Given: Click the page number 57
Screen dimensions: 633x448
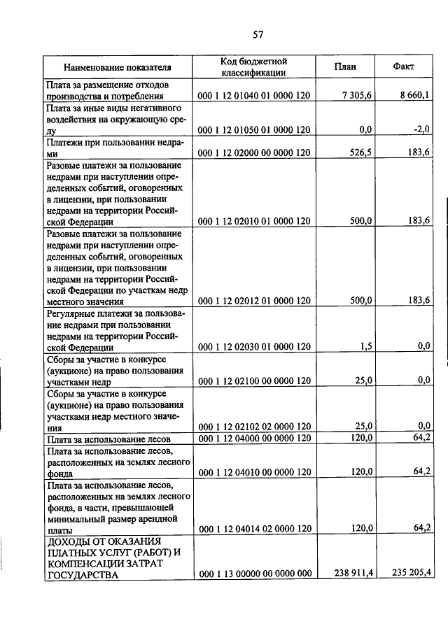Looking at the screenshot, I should (257, 34).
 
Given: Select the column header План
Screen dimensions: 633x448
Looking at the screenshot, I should (345, 67).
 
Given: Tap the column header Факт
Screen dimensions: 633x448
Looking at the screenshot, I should (404, 67).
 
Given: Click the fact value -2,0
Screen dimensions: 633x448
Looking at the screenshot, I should (421, 129).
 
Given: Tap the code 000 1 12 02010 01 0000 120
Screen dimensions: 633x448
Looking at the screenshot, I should (254, 221).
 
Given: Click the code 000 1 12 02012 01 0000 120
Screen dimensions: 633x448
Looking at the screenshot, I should (254, 301).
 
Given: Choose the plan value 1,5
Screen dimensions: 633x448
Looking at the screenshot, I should (365, 346).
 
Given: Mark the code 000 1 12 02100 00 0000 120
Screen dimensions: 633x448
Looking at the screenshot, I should (254, 380).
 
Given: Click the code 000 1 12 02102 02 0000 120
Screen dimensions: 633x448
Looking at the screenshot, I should (254, 426).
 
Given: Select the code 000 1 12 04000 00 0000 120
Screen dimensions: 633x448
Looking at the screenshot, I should (254, 438).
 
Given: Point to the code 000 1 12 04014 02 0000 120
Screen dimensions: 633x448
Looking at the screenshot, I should (254, 529).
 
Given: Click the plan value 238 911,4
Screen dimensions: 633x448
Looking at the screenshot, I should (353, 574).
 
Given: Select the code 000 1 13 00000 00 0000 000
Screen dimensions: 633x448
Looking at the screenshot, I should (254, 574).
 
